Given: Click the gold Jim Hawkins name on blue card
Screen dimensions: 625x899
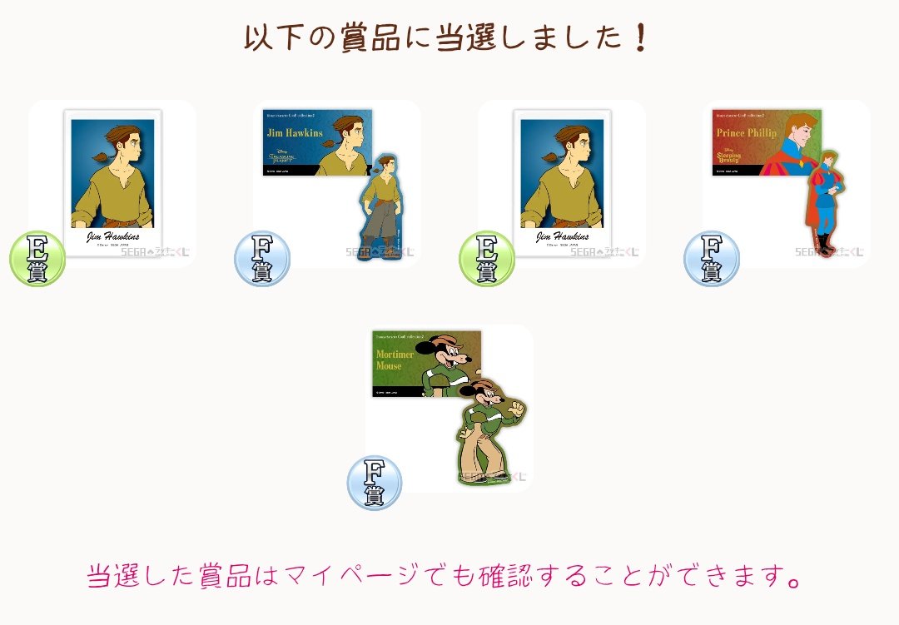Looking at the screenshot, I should (295, 133).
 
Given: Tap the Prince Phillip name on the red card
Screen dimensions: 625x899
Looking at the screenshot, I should (746, 133).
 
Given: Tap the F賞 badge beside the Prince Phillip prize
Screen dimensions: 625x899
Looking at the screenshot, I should (711, 259).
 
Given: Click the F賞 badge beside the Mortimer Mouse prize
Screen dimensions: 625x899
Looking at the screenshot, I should (375, 483).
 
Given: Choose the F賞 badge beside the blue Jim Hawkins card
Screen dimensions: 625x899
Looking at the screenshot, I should (262, 259).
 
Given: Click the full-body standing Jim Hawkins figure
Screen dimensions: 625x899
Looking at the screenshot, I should (381, 207).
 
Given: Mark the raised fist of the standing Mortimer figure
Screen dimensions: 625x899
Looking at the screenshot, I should (517, 409).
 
